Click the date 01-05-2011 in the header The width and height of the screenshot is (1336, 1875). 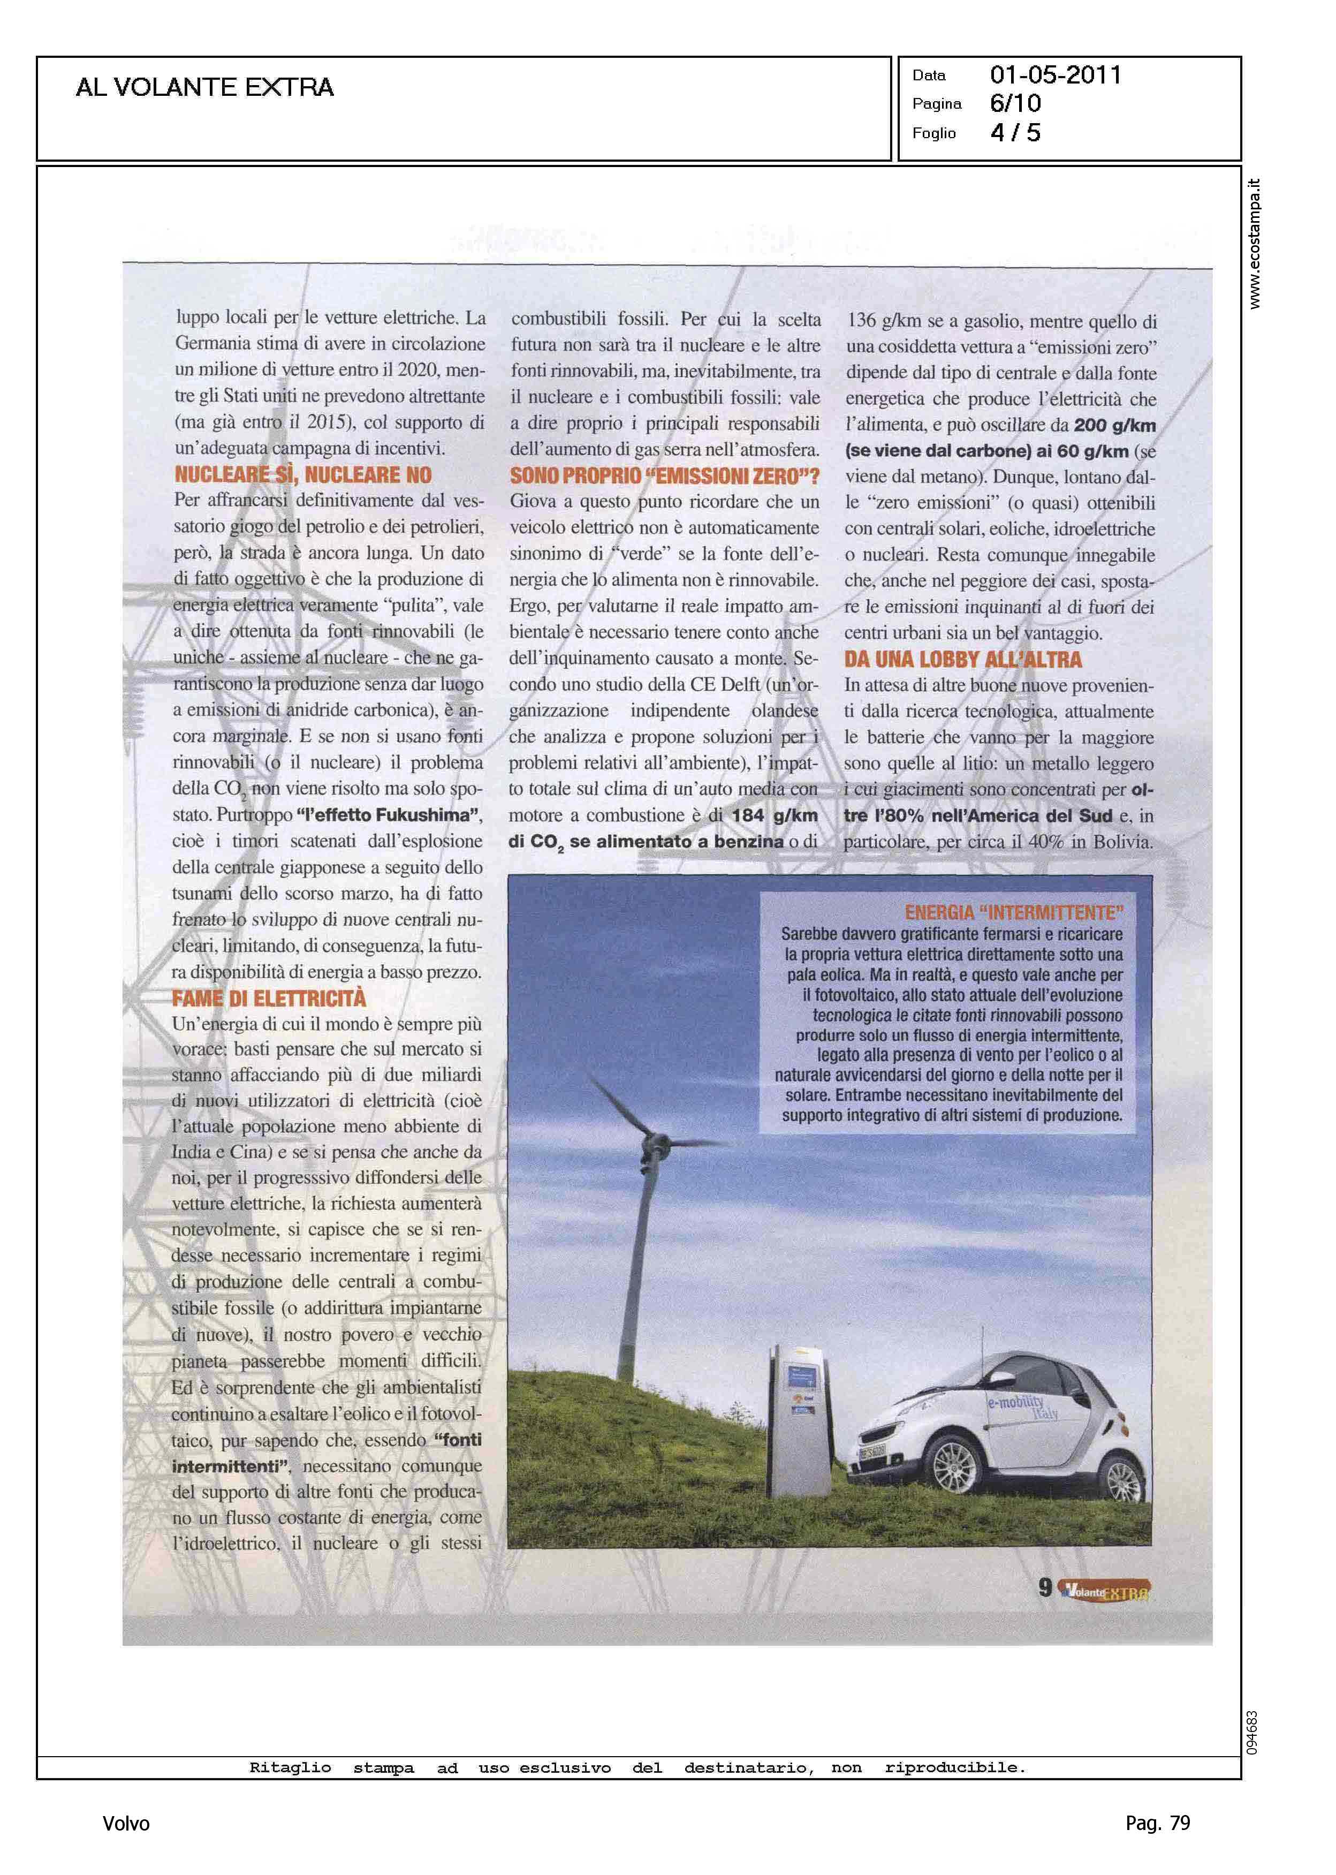1056,75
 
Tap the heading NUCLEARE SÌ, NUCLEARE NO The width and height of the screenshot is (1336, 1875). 303,475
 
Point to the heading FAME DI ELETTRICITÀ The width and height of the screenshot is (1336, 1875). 269,998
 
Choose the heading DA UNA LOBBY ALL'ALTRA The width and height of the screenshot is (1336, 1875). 962,659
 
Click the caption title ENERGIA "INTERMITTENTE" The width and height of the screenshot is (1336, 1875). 1014,912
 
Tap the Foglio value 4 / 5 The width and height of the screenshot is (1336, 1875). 1015,132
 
